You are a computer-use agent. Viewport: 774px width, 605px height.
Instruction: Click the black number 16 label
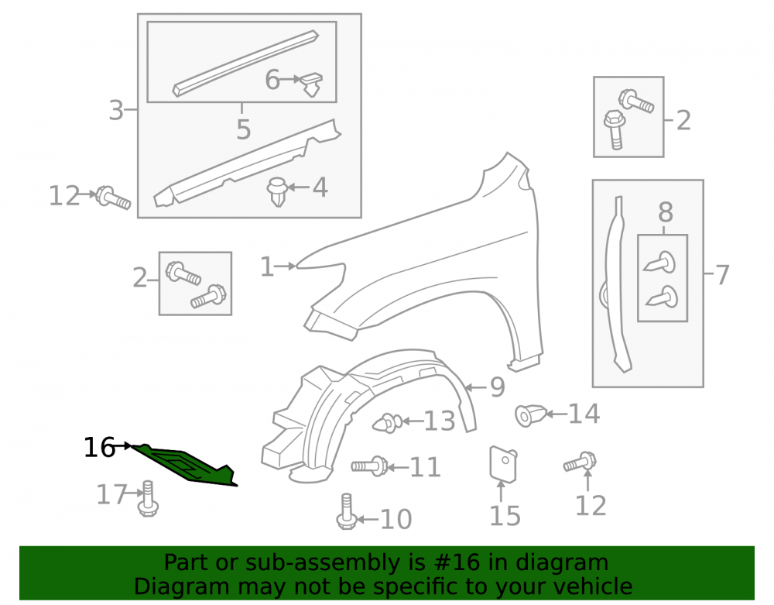click(99, 448)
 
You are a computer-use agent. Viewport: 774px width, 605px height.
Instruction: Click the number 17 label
click(112, 494)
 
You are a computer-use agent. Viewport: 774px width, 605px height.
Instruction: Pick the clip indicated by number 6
click(312, 84)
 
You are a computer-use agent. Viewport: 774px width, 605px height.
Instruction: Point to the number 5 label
click(243, 129)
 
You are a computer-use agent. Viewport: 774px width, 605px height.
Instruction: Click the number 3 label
click(116, 110)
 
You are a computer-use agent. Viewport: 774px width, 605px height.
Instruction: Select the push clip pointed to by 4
click(277, 191)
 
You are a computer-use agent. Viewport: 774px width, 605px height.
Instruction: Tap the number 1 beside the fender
click(266, 266)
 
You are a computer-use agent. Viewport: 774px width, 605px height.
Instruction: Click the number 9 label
click(498, 387)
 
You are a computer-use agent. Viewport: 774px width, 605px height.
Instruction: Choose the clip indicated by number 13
click(388, 423)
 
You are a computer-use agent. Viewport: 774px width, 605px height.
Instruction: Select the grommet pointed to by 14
click(530, 415)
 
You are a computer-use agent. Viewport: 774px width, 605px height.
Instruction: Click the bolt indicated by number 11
click(370, 466)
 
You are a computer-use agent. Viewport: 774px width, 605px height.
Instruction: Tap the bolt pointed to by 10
click(347, 512)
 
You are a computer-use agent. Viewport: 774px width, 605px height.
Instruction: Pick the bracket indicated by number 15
click(503, 464)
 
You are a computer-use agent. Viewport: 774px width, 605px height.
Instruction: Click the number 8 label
click(666, 212)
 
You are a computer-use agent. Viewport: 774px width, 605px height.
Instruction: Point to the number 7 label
click(721, 274)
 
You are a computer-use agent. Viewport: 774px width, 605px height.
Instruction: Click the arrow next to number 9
click(476, 387)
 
